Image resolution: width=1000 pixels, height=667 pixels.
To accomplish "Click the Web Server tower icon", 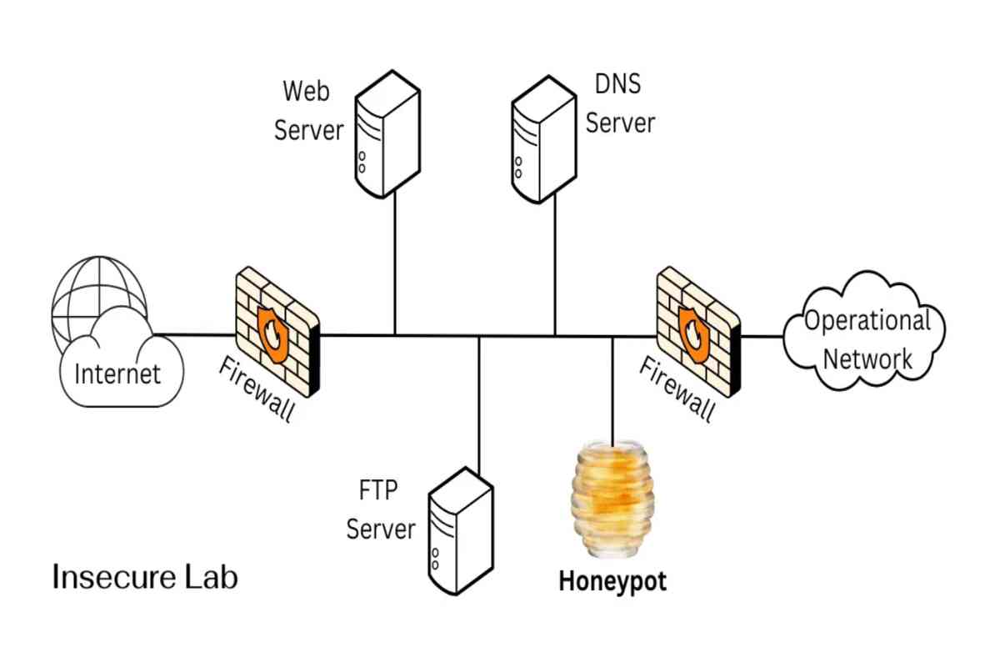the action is pos(387,134).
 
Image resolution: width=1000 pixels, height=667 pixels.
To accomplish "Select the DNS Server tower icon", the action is pos(543,139).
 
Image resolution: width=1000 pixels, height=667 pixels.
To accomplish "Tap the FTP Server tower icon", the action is pos(461,531).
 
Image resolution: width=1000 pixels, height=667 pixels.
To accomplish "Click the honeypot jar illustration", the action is pos(612,498).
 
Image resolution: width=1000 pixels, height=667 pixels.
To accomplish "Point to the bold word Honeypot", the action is pos(612,582).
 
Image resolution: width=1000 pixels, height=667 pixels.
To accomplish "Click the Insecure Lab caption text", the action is pos(145,577).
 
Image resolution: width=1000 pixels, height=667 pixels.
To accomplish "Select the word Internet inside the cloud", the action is pos(117,374).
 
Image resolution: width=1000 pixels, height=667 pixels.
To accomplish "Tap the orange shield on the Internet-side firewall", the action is pos(272,334).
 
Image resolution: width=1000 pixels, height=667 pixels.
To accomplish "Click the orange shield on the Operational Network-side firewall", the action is pos(694,334).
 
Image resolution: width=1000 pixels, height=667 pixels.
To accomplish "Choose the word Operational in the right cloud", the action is pos(867,320).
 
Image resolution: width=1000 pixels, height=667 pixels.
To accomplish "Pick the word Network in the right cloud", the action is pos(867,359).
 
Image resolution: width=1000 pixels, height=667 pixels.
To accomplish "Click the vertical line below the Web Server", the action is pos(395,263).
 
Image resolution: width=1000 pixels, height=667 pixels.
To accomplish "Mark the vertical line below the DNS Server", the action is pos(555,264).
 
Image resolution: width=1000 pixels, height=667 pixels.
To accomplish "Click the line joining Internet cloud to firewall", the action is pos(195,334).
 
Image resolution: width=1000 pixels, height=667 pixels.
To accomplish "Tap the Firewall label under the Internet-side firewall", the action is pos(257,389).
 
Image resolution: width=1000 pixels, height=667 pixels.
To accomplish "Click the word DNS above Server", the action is pos(617,83).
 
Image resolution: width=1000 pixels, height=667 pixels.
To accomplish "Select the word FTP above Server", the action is pos(378,489).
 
